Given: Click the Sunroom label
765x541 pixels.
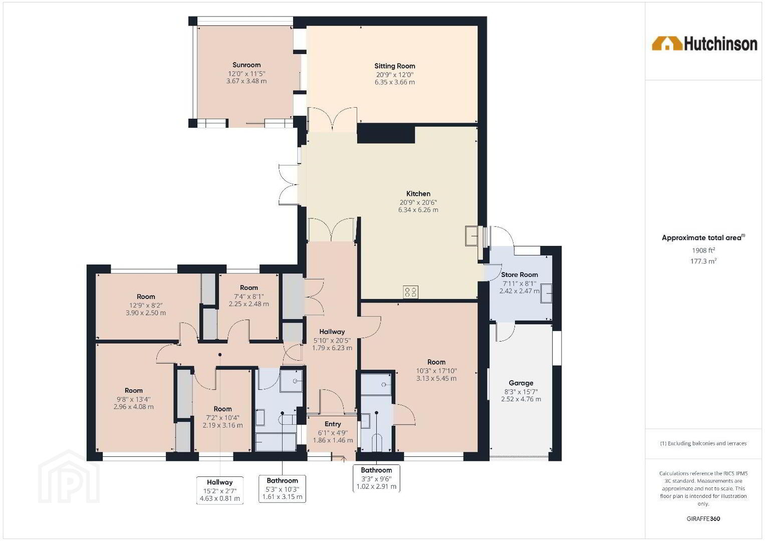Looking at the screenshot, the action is point(246,65).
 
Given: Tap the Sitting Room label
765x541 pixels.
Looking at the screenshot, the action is point(394,66).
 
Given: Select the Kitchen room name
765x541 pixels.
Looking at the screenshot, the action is point(418,194).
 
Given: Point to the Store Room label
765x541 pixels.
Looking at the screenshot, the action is point(519,275).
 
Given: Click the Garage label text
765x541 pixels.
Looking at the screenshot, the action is point(521,383).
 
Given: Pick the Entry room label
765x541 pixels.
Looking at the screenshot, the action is point(333,424).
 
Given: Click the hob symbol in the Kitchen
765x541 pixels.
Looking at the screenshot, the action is point(410,292).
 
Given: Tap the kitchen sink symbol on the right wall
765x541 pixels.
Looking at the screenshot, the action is point(471,235).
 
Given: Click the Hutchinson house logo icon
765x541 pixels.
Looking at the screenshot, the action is point(667,44).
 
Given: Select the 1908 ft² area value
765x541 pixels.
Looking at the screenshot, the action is point(703,250).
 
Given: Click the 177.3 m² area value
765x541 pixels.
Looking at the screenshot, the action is point(703,261).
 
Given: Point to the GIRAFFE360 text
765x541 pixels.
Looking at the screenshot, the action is point(703,519).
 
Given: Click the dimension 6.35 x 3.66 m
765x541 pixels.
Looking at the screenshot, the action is point(394,82).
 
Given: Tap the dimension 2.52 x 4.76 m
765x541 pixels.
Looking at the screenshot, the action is point(521,399).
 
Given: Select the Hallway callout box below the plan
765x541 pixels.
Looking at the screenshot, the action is point(220,490).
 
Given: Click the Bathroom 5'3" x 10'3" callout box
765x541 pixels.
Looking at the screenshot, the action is point(282,489).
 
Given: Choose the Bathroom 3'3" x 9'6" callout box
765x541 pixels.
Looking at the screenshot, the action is point(376,478).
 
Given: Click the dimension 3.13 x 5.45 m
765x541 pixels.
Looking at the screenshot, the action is point(436,378).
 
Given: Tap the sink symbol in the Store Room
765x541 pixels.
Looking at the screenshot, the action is point(546,293).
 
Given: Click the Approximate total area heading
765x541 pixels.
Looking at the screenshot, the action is point(703,238).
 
